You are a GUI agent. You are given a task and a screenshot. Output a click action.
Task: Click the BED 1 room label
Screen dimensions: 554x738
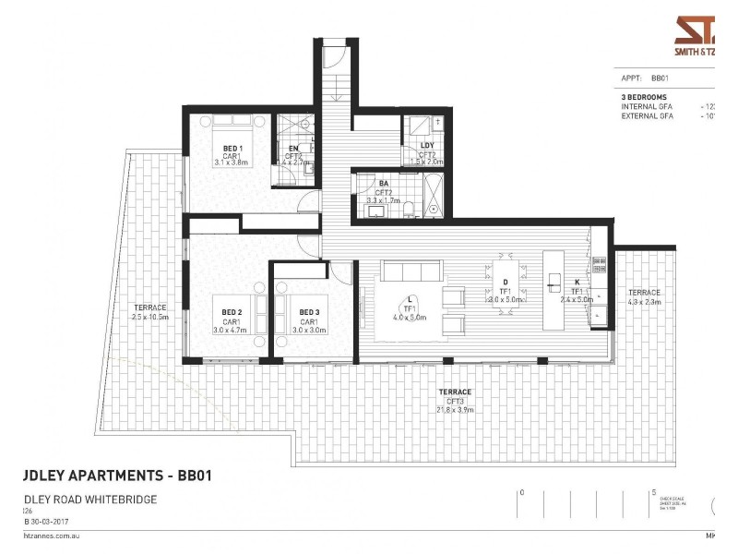pos(232,148)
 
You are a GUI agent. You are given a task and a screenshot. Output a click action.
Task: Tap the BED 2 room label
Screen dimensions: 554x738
pos(232,312)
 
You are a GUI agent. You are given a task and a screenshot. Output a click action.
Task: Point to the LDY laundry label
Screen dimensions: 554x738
pos(427,146)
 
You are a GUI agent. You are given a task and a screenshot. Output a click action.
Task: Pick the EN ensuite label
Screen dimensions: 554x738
pos(293,148)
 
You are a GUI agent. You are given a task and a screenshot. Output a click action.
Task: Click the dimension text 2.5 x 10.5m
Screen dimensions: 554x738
pos(149,316)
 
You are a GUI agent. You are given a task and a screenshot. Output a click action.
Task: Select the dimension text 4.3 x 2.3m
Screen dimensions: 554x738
pos(644,301)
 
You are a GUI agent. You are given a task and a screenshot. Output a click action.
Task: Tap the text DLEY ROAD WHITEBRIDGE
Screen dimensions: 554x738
pos(89,500)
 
